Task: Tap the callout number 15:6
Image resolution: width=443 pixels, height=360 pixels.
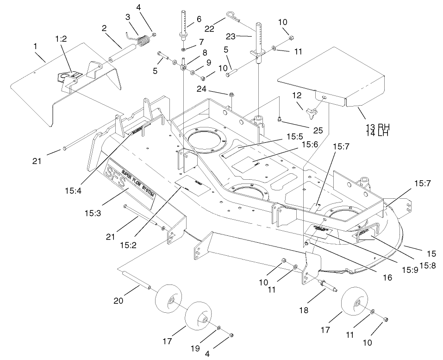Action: (x=309, y=145)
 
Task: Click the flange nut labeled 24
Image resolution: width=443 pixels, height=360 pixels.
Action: (x=232, y=95)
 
